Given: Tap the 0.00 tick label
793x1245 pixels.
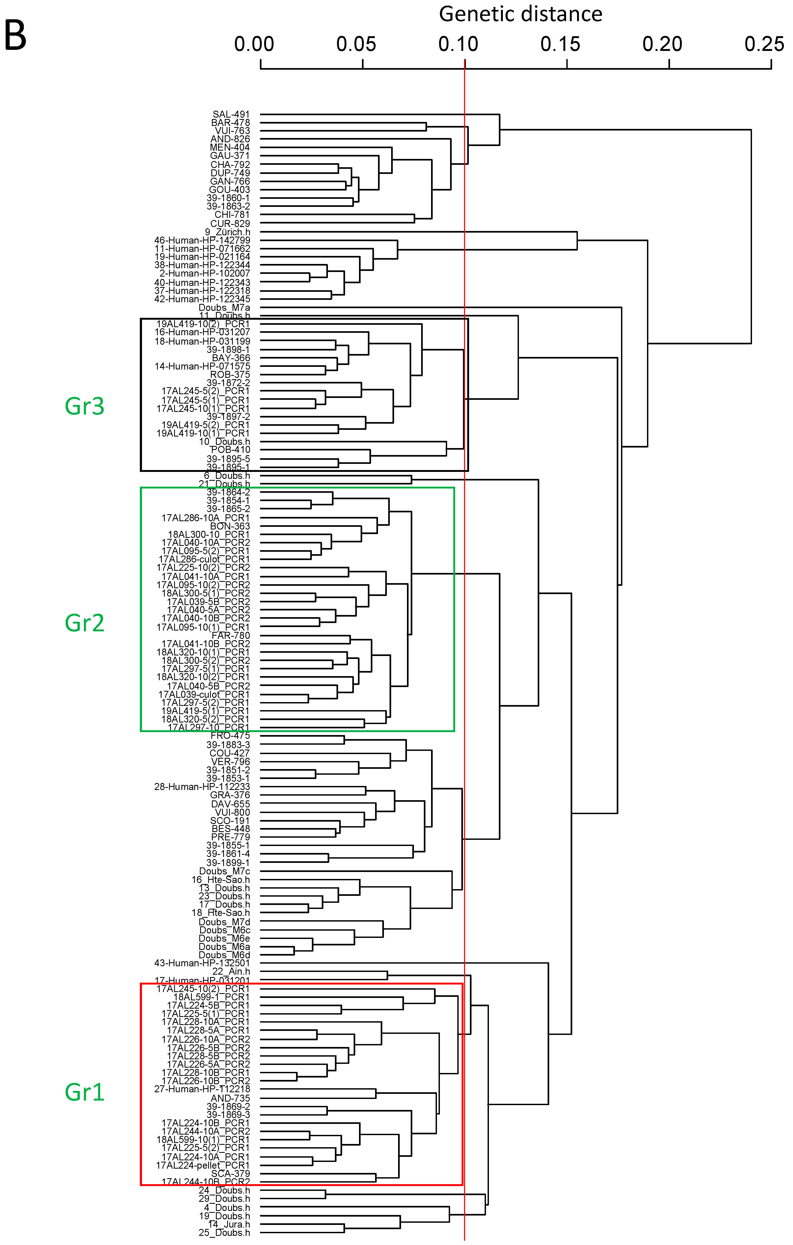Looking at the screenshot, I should [254, 44].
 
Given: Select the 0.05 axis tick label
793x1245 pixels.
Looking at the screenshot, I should [356, 44].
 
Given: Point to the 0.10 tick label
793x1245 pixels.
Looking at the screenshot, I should [458, 44].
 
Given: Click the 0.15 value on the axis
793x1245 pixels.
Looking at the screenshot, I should [560, 44].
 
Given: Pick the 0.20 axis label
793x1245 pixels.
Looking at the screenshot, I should [662, 44].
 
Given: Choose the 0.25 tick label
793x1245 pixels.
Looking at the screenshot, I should [764, 44].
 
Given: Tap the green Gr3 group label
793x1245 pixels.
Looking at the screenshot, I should [84, 407].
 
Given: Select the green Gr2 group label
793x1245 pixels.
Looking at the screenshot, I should [84, 623].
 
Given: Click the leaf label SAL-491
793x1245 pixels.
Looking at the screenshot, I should [231, 114].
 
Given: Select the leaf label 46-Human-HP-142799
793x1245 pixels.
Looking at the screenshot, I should [202, 240].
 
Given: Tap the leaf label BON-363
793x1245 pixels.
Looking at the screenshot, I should [230, 526].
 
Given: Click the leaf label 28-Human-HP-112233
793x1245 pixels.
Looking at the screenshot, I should [202, 786].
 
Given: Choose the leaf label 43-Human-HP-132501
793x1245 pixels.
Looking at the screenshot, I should [202, 963].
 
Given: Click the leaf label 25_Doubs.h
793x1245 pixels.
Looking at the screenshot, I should [224, 1233].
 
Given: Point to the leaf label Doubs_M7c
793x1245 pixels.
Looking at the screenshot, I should [224, 871].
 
